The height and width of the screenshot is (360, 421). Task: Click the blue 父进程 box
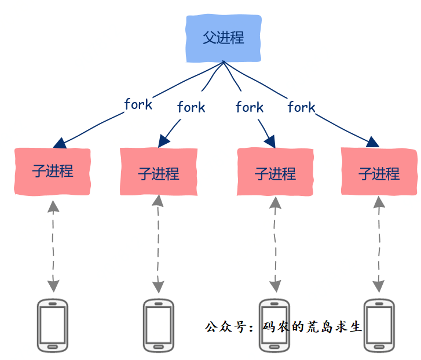point(224,38)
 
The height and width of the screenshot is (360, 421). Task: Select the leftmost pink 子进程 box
point(53,171)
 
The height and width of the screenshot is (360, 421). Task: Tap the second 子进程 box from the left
point(158,172)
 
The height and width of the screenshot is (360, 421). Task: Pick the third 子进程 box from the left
point(275,172)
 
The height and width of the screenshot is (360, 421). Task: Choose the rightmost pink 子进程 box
point(379,172)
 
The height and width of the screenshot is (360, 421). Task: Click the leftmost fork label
point(138,104)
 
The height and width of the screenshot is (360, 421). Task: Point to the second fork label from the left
point(191,107)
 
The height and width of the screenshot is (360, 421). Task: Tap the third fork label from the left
point(250,107)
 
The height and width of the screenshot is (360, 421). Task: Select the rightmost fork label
point(301,107)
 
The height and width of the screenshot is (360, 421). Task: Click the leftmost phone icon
point(53,325)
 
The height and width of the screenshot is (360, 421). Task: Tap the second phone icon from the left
point(158,325)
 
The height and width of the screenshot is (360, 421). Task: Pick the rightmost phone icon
point(379,325)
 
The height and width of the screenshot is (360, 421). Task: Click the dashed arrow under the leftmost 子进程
point(53,246)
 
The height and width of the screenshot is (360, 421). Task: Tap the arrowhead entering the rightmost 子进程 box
point(373,142)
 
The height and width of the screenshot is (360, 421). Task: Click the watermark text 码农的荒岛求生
point(312,327)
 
